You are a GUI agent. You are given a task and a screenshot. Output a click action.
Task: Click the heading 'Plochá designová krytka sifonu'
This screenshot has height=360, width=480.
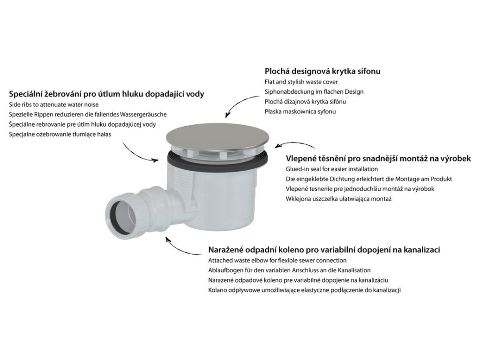click(322, 71)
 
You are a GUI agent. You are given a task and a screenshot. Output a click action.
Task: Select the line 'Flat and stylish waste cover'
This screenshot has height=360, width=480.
click(301, 82)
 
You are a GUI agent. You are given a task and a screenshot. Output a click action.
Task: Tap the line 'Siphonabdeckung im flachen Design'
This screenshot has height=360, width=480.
click(314, 92)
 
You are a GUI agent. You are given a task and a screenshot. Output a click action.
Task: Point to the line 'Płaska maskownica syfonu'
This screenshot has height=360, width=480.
click(300, 112)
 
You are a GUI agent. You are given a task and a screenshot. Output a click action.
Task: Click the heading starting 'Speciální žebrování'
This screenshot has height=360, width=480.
click(106, 94)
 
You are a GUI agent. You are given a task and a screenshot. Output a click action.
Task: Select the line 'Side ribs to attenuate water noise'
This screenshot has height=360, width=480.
click(54, 105)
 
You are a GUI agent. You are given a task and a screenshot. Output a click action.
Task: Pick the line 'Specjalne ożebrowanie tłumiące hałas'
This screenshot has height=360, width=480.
click(60, 135)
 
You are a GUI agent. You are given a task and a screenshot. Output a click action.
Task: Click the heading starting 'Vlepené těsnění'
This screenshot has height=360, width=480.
click(378, 158)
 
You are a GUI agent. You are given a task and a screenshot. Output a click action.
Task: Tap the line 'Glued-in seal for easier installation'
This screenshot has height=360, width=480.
click(332, 169)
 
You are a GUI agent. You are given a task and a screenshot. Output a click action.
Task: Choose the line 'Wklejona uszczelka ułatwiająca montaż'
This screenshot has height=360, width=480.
click(339, 199)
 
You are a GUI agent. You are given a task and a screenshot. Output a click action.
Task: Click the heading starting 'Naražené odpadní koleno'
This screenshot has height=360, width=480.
click(324, 250)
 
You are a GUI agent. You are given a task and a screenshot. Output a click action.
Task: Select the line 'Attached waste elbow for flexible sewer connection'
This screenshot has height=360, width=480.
click(277, 261)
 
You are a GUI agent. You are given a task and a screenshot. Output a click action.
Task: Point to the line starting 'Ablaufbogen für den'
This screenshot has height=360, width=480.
click(289, 270)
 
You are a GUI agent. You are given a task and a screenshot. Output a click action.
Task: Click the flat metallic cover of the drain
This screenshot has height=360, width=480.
click(218, 137)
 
